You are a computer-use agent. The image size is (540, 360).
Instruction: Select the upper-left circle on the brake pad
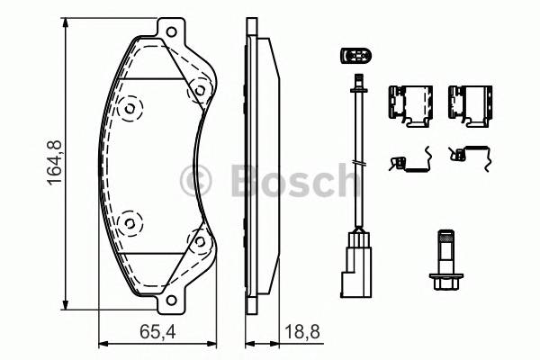[131, 110]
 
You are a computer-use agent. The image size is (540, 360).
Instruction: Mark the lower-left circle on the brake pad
[131, 219]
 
